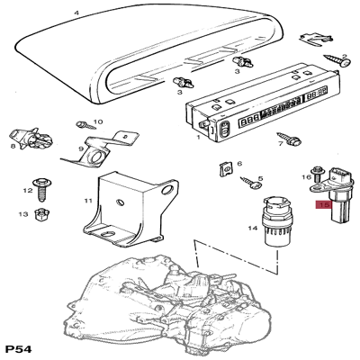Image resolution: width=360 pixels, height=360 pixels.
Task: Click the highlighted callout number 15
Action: coord(324,205)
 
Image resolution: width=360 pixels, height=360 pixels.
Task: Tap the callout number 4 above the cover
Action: coord(76,13)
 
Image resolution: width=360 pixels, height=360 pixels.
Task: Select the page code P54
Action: coord(19,349)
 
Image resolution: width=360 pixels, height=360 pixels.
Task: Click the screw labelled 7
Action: coord(290,139)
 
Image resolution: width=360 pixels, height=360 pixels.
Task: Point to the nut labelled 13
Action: coord(40,214)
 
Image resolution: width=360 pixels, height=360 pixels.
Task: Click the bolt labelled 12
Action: coord(41,189)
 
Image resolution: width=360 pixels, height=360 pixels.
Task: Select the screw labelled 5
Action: coord(251,183)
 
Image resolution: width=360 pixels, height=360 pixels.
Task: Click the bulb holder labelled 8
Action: coord(31,139)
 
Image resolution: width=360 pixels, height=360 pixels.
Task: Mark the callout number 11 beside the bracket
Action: coord(88,201)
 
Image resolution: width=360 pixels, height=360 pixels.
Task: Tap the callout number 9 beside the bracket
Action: coord(81,148)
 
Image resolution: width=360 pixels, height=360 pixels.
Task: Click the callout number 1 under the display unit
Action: coord(198,137)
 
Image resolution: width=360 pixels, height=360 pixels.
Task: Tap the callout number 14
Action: coord(253,229)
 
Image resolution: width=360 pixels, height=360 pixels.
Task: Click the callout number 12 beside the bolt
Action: coord(28,191)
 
